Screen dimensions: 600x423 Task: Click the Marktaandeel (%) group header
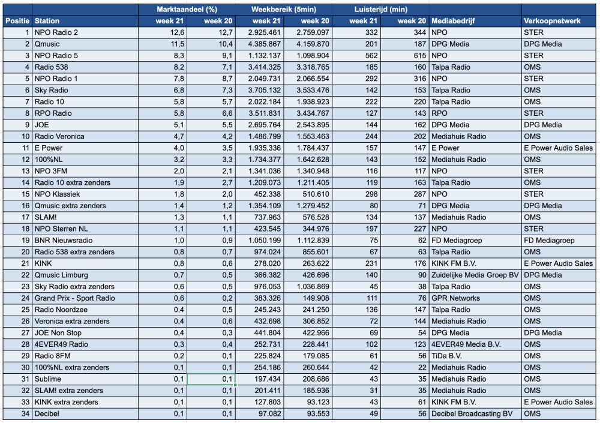[187, 10]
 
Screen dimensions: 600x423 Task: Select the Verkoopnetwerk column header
[552, 21]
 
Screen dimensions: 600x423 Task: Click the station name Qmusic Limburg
[61, 275]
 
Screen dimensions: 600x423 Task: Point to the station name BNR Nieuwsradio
[64, 241]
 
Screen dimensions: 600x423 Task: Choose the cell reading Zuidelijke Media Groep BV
[475, 275]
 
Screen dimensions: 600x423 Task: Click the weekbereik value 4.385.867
[265, 44]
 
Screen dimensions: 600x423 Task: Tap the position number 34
[25, 414]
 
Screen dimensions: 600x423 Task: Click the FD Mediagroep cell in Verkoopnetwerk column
[549, 241]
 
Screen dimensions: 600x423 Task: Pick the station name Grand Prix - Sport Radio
[74, 298]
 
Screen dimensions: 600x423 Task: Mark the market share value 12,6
[177, 32]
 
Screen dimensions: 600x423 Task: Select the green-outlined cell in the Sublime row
[211, 379]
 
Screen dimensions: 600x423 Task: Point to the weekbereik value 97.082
[268, 414]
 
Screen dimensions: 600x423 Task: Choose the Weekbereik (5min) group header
[284, 10]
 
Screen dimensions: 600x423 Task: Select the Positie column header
[17, 21]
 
